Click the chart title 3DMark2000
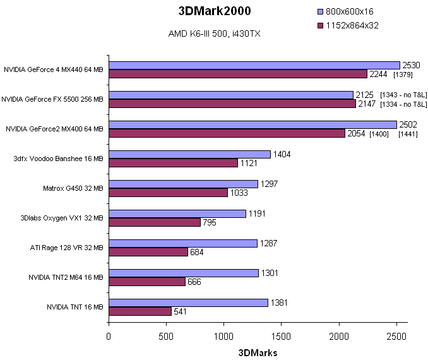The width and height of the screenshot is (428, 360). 214,11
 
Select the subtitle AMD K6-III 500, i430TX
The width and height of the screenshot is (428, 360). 213,32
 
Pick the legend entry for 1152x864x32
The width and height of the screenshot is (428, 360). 352,25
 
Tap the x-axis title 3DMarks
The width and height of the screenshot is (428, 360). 258,352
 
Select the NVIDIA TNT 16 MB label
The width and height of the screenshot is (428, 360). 74,307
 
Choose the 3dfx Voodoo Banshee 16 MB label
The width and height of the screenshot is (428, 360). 61,158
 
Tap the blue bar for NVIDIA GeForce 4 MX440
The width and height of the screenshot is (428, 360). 254,65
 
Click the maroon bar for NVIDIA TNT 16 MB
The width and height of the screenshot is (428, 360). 140,311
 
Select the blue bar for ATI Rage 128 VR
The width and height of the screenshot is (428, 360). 183,243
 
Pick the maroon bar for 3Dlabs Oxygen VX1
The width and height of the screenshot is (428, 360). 155,222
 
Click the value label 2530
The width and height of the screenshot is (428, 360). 411,65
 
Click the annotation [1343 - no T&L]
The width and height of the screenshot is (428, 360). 403,95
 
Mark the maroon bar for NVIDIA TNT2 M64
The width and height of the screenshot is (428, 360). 147,282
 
